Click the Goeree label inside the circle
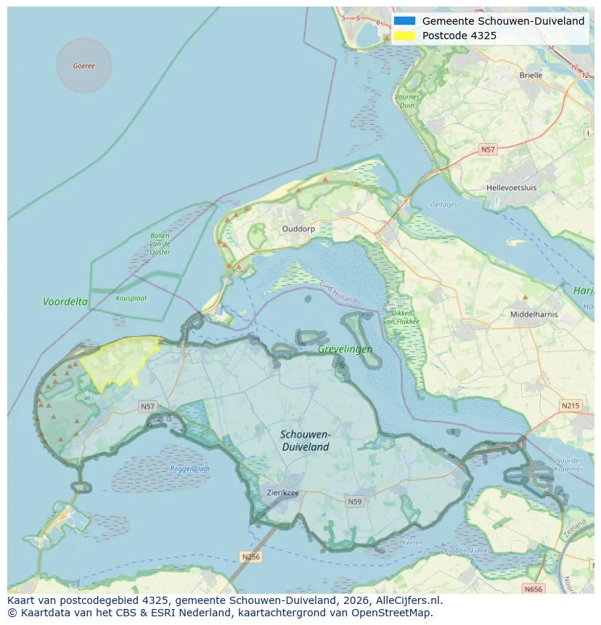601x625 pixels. [x=83, y=66]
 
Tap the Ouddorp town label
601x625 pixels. [x=298, y=229]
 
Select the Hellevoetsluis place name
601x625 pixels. [x=511, y=187]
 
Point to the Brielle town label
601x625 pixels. [x=531, y=75]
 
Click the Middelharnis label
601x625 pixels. [x=533, y=314]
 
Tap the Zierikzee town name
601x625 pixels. [x=282, y=492]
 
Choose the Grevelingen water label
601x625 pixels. [x=345, y=349]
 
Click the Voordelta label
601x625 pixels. [x=65, y=301]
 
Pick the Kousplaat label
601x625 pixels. [x=131, y=298]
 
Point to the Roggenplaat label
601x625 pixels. [x=190, y=469]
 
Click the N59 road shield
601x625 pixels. [x=354, y=502]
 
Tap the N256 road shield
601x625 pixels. [x=250, y=557]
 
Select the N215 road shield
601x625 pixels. [x=571, y=405]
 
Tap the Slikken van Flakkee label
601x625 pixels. [x=398, y=316]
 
